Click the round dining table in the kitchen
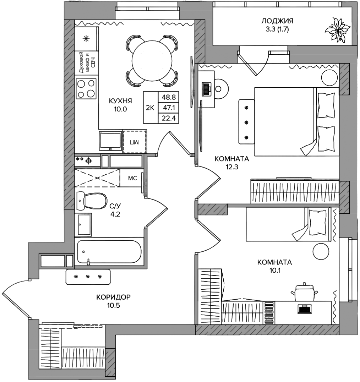pyautogui.click(x=152, y=61)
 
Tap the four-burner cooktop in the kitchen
pyautogui.click(x=86, y=89)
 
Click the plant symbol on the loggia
pyautogui.click(x=338, y=30)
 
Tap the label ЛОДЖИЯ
pyautogui.click(x=277, y=21)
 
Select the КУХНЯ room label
pyautogui.click(x=120, y=100)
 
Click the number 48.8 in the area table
pyautogui.click(x=169, y=97)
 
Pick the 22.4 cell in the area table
pyautogui.click(x=169, y=119)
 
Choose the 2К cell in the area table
pyautogui.click(x=150, y=108)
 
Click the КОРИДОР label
pyautogui.click(x=114, y=297)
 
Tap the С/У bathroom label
pyautogui.click(x=115, y=206)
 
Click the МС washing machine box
pyautogui.click(x=132, y=178)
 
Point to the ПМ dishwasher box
pyautogui.click(x=135, y=142)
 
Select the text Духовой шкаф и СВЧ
pyautogui.click(x=86, y=62)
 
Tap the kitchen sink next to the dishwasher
pyautogui.click(x=110, y=141)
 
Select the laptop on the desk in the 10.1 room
pyautogui.click(x=304, y=309)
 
